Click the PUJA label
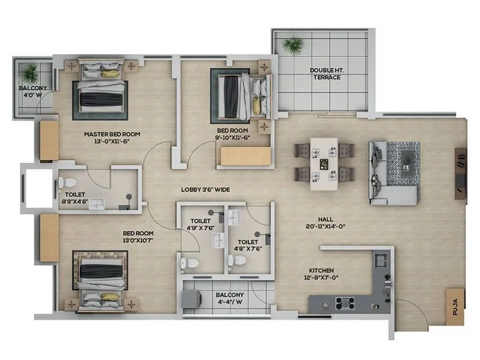(455, 308)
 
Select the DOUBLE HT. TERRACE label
(326, 74)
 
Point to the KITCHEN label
(322, 271)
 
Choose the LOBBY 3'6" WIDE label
(206, 190)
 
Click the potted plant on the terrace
(293, 45)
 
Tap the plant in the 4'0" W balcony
(29, 73)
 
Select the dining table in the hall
(324, 163)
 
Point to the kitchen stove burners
(347, 304)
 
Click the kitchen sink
(380, 259)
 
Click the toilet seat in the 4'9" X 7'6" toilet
(188, 262)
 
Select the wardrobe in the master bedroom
(49, 140)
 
